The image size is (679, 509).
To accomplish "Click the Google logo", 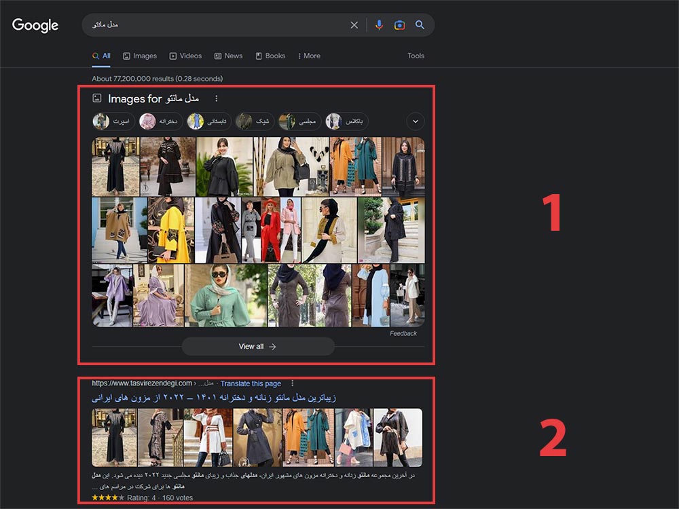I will point(35,26).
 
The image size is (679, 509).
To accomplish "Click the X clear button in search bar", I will point(354,25).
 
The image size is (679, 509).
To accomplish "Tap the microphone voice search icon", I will point(379,25).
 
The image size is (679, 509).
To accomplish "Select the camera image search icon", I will point(399,25).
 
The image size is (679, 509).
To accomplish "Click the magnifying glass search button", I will point(420,25).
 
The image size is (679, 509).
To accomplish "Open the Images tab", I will point(140,56).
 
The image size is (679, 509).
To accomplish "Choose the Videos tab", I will point(185,56).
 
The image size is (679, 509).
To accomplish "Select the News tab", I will point(228,56).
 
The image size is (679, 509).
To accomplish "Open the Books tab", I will point(270,56).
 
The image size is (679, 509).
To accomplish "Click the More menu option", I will point(309,56).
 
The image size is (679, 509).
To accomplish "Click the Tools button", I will point(416,56).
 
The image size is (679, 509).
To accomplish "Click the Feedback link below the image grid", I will point(403,333).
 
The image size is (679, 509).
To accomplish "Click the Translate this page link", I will point(251,383).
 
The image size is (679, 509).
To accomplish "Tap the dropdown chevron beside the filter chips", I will point(415,121).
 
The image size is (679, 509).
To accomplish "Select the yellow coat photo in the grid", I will point(170,230).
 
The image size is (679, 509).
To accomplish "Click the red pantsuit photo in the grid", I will point(270,230).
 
